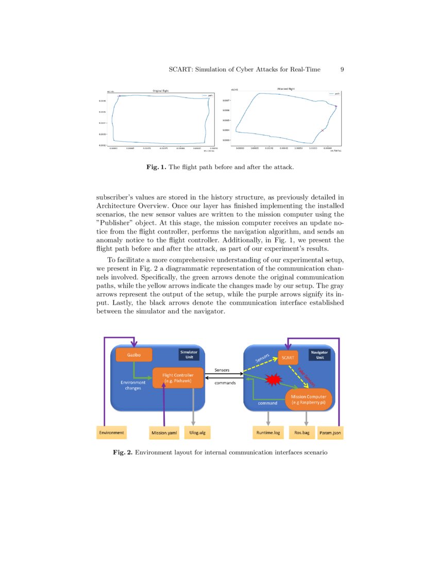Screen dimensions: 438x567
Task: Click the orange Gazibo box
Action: (x=134, y=355)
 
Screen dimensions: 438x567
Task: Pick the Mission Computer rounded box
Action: (x=309, y=399)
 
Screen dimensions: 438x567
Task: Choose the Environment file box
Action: (x=111, y=433)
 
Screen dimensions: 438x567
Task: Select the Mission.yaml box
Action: (x=164, y=433)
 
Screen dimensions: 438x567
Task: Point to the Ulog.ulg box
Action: (x=200, y=433)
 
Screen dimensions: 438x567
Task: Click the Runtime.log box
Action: (x=267, y=433)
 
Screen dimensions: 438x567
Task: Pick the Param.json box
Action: (x=330, y=433)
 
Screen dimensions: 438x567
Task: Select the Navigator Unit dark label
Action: (x=319, y=355)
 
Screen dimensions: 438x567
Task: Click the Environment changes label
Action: (x=133, y=385)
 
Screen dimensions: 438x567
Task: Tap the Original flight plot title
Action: (x=160, y=91)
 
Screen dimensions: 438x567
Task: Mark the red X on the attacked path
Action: (x=323, y=130)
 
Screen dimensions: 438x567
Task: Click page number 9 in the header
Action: (x=342, y=69)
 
